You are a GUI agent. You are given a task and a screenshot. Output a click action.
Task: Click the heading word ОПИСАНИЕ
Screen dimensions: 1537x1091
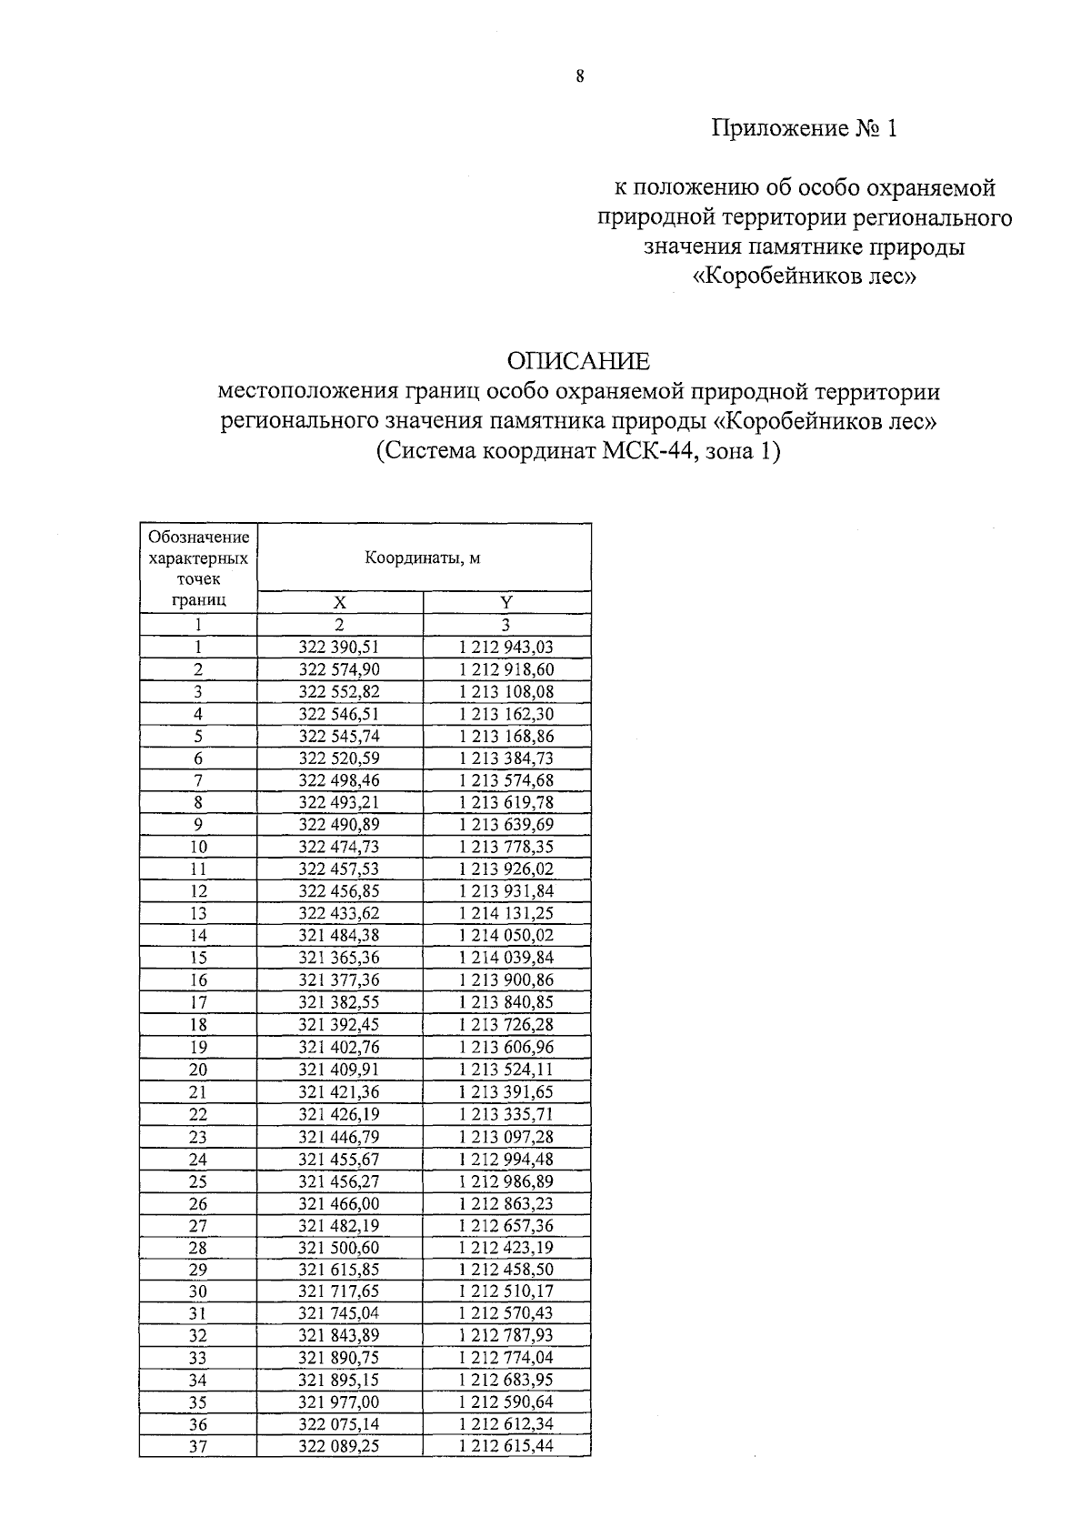click(578, 361)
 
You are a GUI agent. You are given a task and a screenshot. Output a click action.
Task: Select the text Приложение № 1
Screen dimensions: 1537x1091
click(804, 128)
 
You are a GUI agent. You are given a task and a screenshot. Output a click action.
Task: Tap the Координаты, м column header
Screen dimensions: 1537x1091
click(423, 558)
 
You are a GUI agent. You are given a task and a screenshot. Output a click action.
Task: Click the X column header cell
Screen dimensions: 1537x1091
click(339, 602)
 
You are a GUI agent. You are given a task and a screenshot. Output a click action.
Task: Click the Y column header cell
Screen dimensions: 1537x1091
click(506, 602)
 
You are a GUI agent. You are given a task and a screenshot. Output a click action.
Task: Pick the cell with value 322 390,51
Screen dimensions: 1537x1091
click(339, 648)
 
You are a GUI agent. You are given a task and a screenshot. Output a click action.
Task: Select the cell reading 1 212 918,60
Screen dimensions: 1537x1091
click(506, 670)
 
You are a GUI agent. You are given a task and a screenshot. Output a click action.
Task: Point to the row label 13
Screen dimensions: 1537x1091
click(198, 914)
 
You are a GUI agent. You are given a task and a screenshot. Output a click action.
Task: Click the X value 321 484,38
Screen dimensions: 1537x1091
click(339, 936)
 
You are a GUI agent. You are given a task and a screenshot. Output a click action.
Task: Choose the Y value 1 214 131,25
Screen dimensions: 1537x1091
click(506, 914)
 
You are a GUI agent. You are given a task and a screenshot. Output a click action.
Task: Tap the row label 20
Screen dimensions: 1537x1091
click(198, 1070)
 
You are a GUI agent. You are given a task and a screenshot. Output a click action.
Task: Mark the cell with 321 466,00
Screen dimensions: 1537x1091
click(339, 1203)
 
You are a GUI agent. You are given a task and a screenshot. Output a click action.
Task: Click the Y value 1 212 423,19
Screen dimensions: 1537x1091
click(506, 1248)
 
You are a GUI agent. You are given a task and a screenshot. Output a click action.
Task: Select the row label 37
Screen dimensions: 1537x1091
click(198, 1447)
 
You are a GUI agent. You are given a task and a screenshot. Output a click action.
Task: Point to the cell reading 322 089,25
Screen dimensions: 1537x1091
click(339, 1447)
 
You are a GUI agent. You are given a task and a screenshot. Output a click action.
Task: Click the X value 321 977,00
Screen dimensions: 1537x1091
click(339, 1402)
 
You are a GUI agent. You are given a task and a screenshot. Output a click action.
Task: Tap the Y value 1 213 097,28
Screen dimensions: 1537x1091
click(506, 1137)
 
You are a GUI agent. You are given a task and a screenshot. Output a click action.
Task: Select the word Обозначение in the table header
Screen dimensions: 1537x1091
click(198, 537)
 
